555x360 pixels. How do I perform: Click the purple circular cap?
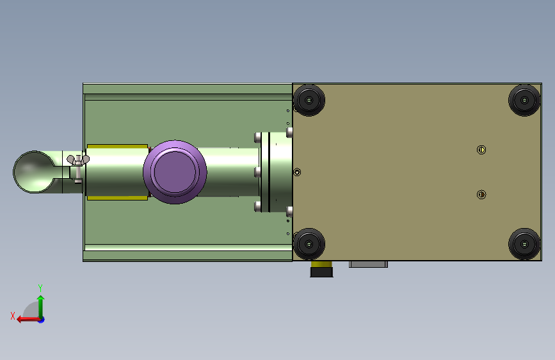point(175,172)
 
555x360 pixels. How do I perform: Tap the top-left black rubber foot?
point(309,101)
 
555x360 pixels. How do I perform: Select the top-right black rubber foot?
point(524,101)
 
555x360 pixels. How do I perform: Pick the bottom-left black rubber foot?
point(309,244)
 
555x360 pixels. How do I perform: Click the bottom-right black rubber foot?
point(524,244)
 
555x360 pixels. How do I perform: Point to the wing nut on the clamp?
point(78,160)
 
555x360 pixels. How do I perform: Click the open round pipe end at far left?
point(34,172)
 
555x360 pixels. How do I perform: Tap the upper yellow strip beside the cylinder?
point(117,146)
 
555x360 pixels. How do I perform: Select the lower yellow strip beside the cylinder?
point(117,198)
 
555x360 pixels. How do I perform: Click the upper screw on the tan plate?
point(481,150)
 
